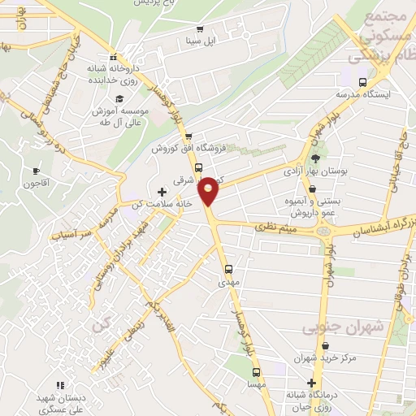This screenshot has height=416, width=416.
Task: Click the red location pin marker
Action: click(x=209, y=190)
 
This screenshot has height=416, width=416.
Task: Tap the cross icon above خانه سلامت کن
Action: click(x=162, y=192)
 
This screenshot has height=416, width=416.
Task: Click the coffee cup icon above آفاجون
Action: click(x=36, y=171)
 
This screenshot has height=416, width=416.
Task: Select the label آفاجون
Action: click(x=37, y=184)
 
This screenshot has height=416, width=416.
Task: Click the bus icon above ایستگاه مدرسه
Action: click(x=362, y=81)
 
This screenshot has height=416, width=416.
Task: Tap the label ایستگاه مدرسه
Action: click(x=364, y=94)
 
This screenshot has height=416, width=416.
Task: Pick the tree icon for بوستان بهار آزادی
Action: click(x=315, y=159)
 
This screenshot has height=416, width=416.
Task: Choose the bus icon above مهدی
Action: click(x=228, y=268)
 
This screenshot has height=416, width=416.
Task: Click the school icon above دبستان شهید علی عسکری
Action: click(x=58, y=385)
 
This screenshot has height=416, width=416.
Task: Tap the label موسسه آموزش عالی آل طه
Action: click(x=115, y=115)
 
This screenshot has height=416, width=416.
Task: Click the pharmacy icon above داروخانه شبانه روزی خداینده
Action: click(x=114, y=57)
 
